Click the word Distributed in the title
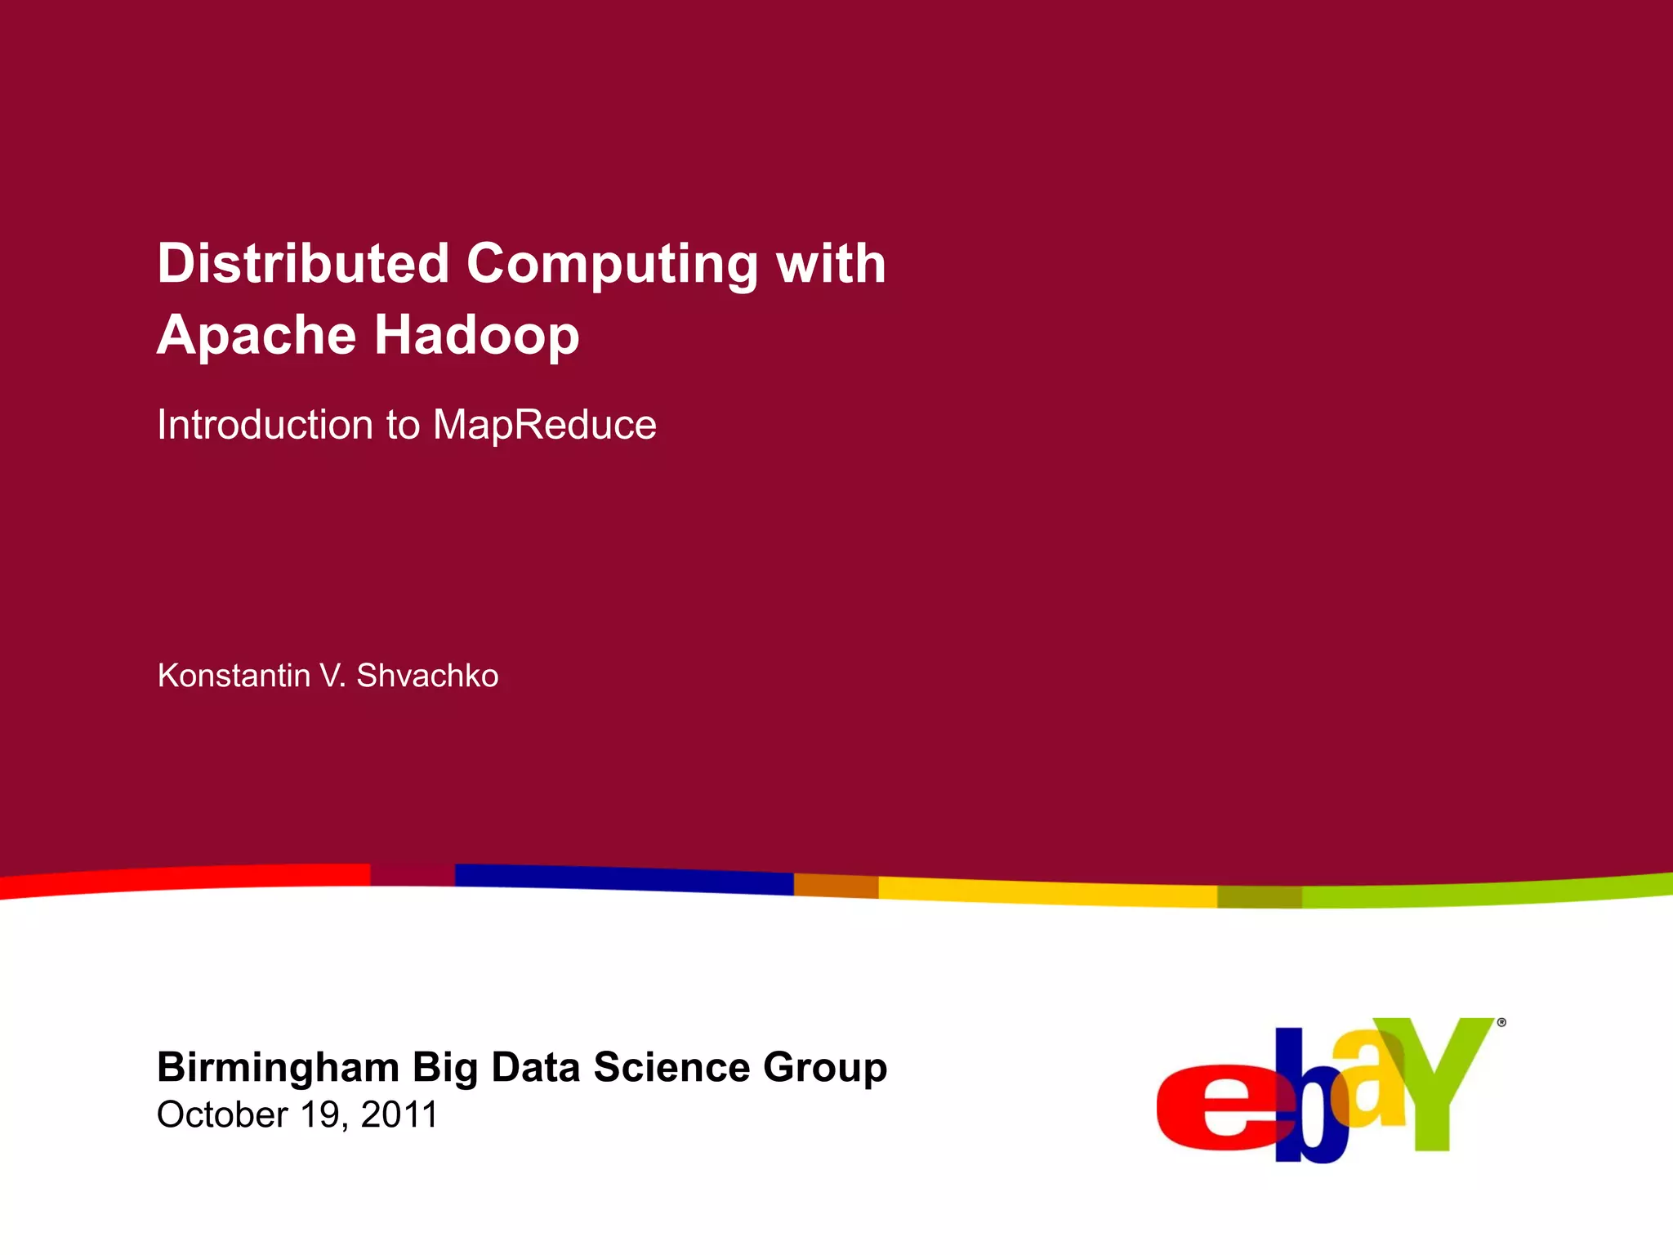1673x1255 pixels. [303, 264]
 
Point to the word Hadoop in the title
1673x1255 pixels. [477, 334]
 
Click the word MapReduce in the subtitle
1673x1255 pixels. [544, 425]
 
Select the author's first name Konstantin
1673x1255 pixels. [234, 676]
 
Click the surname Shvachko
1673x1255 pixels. [427, 676]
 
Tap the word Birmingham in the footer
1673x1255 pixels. [279, 1067]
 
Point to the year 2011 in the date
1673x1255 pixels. [399, 1114]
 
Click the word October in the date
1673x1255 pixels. [222, 1114]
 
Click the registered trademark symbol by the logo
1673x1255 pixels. [1501, 1022]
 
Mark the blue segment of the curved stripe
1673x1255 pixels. [624, 877]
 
